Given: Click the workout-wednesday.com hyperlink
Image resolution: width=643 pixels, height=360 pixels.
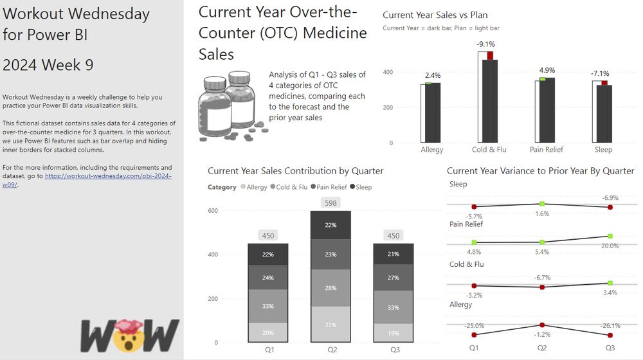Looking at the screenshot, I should point(108,175).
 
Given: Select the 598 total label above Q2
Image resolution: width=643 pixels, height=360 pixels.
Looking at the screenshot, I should point(331,203).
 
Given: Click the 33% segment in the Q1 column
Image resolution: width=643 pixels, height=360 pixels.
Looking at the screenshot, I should point(268,306).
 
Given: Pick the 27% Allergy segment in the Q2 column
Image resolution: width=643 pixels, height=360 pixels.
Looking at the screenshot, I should point(331,325).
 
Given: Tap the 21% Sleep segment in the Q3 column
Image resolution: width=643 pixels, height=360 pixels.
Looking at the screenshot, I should point(394,255).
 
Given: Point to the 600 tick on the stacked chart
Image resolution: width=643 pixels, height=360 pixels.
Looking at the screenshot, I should point(213,211).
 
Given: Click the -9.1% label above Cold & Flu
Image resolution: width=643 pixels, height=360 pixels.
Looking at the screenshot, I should point(485,44).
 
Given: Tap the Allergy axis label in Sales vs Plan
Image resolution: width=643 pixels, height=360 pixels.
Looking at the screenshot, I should point(431,150).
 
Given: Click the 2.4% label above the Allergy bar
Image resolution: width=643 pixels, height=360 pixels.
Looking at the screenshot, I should point(433,75).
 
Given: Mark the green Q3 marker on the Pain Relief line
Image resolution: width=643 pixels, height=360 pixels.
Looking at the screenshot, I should point(610,237).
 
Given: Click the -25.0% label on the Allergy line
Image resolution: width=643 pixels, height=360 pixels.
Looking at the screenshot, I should point(474,326).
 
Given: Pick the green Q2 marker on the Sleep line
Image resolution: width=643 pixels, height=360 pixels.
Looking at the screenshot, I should point(542,204).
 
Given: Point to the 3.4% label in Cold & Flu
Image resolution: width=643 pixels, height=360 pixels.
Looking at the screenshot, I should point(610,292).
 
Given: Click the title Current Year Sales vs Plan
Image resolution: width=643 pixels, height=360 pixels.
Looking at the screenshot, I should point(435,15).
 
